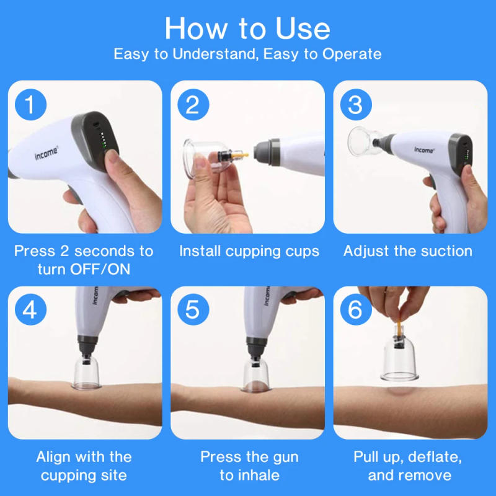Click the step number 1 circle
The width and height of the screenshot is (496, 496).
point(30,105)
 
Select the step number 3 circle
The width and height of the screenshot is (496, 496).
point(355,105)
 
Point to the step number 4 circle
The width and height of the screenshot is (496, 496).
point(30,309)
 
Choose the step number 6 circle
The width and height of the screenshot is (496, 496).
point(355,309)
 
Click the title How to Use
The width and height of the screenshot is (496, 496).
point(247,28)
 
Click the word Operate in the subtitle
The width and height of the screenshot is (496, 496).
point(352,54)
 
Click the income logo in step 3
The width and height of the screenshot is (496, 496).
point(425,150)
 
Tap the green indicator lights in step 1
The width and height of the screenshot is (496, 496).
point(105,142)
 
